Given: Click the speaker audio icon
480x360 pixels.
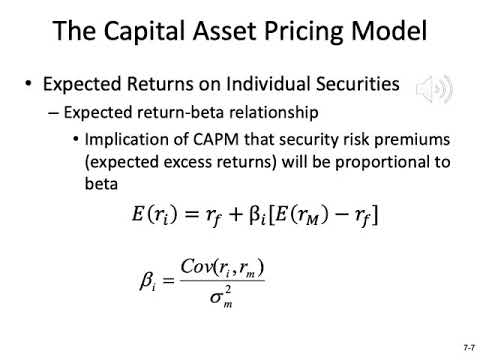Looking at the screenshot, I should pyautogui.click(x=433, y=89).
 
